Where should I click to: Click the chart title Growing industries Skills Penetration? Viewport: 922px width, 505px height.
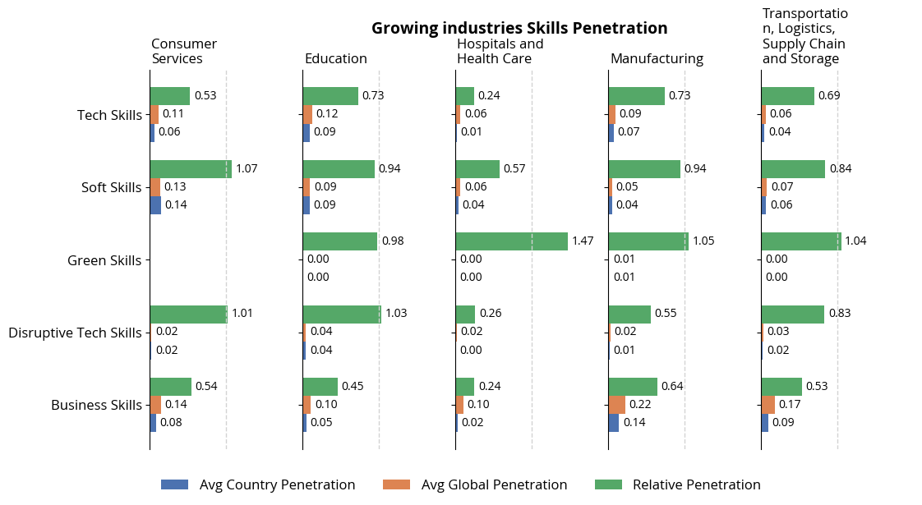[x=519, y=28]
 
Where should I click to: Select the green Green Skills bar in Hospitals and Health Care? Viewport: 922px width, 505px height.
[x=511, y=241]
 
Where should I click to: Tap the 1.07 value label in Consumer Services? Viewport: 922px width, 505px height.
[x=247, y=169]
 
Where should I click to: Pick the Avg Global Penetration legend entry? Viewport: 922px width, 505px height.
[x=475, y=485]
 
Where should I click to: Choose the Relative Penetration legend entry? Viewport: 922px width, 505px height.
[x=677, y=485]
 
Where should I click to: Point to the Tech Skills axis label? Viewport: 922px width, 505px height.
[x=109, y=115]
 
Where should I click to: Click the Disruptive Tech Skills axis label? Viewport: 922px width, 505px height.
[x=75, y=333]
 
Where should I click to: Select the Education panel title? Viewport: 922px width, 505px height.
[x=335, y=59]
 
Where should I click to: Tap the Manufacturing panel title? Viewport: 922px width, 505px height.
[x=657, y=59]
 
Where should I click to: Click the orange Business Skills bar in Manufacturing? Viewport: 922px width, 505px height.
[x=616, y=405]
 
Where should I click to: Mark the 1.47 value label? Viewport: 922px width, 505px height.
[x=583, y=241]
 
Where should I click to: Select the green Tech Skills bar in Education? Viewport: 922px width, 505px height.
[x=330, y=96]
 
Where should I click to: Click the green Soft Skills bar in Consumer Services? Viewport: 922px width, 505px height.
[x=191, y=169]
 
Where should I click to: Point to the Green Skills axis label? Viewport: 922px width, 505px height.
[x=104, y=261]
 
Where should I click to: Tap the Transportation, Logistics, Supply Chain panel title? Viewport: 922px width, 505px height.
[x=804, y=37]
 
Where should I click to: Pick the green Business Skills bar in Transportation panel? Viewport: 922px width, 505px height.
[x=781, y=387]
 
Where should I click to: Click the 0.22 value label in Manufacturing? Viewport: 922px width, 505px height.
[x=640, y=405]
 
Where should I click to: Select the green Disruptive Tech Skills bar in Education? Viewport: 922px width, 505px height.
[x=342, y=314]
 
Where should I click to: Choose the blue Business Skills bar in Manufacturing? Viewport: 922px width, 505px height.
[x=613, y=423]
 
